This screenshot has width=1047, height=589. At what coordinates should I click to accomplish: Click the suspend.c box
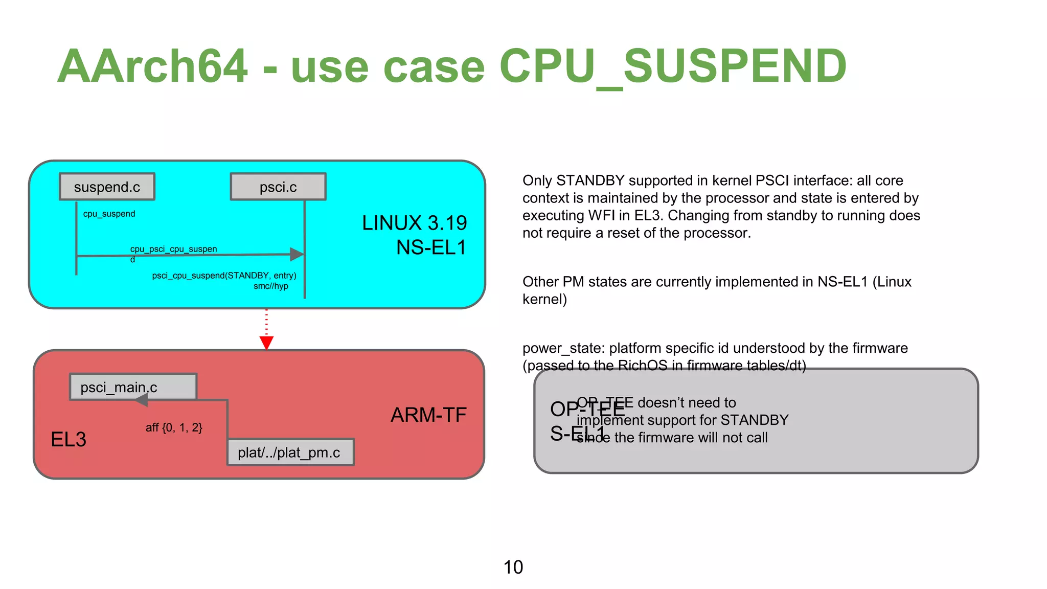pyautogui.click(x=107, y=187)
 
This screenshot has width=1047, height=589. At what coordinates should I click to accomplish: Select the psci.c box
pyautogui.click(x=278, y=187)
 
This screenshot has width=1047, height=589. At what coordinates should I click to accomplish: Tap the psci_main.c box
pyautogui.click(x=133, y=387)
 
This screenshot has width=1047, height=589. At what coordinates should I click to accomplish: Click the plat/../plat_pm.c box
pyautogui.click(x=290, y=452)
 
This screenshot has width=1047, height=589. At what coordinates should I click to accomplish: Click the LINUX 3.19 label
pyautogui.click(x=414, y=223)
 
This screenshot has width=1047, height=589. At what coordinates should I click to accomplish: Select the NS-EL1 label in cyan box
pyautogui.click(x=431, y=247)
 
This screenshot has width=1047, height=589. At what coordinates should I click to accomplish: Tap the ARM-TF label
pyautogui.click(x=428, y=415)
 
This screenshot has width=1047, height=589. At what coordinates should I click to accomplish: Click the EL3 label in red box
pyautogui.click(x=69, y=439)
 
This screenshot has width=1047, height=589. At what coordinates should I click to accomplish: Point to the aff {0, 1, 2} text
pyautogui.click(x=174, y=427)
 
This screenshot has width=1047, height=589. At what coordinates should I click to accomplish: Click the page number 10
pyautogui.click(x=513, y=567)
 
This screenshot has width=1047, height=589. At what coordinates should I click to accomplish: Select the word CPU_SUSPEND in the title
pyautogui.click(x=673, y=66)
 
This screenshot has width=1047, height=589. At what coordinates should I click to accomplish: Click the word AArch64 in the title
pyautogui.click(x=152, y=66)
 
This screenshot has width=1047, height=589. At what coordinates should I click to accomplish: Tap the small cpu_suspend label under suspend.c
pyautogui.click(x=109, y=214)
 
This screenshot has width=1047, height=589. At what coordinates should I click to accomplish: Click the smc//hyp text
pyautogui.click(x=271, y=286)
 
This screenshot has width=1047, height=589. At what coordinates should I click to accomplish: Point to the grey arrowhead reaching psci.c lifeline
pyautogui.click(x=297, y=254)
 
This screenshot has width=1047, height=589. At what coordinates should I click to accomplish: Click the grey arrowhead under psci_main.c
pyautogui.click(x=142, y=400)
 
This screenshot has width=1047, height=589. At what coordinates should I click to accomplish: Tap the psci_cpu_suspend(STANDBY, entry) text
pyautogui.click(x=224, y=276)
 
